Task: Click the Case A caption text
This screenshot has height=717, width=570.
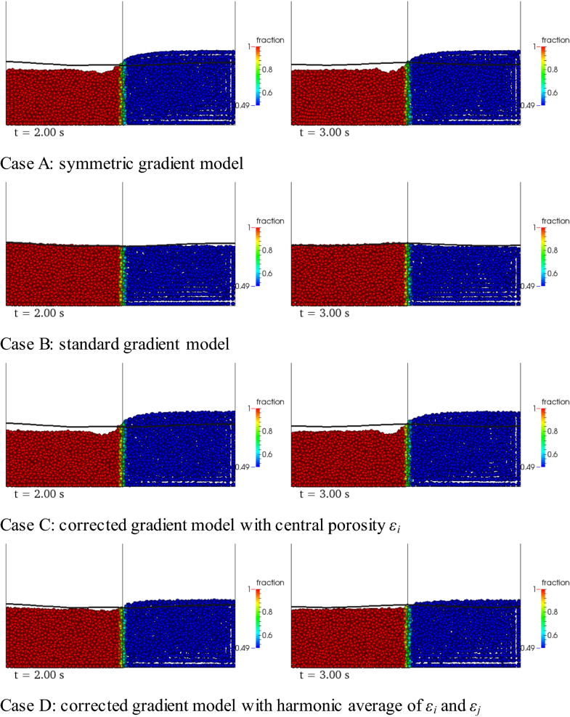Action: tap(122, 164)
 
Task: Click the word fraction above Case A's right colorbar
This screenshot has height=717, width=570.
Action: tap(554, 39)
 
